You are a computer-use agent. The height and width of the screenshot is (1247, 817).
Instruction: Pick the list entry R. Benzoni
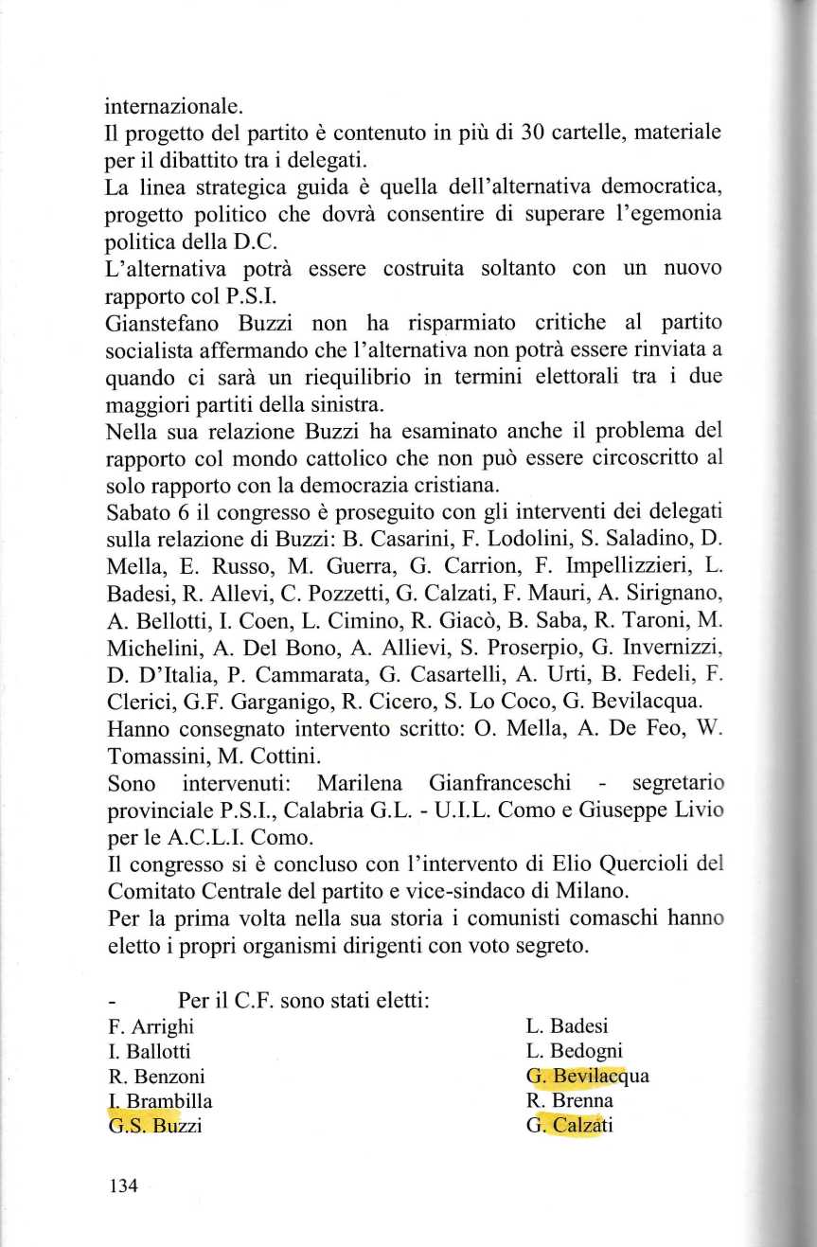pos(156,1077)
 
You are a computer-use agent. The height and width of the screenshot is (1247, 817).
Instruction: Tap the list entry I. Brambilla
pos(160,1101)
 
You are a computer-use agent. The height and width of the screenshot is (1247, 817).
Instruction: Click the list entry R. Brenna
pos(569,1101)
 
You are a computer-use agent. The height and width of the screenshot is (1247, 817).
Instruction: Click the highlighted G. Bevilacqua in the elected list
pos(587,1077)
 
